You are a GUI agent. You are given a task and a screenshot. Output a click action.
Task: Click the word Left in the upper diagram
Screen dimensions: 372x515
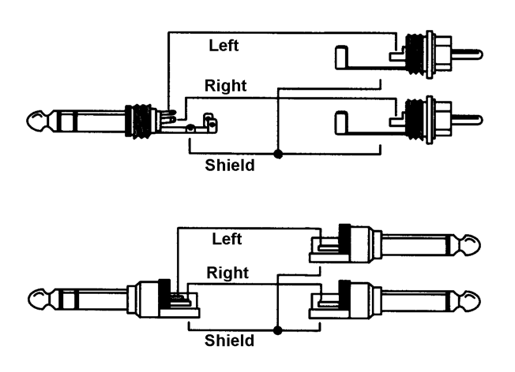click(224, 46)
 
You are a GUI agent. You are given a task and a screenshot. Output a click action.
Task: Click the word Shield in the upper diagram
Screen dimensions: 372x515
click(230, 166)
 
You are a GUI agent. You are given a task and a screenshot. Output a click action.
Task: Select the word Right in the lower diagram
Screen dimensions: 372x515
click(228, 273)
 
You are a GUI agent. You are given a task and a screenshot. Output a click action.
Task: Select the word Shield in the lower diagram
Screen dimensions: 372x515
click(230, 340)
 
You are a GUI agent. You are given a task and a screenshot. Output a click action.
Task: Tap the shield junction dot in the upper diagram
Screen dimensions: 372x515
click(277, 151)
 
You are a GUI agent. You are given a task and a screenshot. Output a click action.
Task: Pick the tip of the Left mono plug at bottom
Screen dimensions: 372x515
click(471, 245)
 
